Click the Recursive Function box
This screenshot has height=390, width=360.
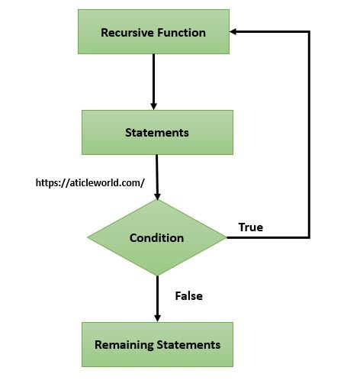tap(153, 32)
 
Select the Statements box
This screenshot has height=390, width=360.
tap(156, 132)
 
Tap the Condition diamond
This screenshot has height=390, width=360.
tap(156, 237)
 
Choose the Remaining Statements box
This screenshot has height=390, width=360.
tap(157, 344)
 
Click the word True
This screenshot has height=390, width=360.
tap(250, 227)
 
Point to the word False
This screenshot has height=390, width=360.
tap(188, 295)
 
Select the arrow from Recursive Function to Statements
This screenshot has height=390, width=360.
tap(153, 80)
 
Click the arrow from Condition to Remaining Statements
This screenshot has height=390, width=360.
tap(157, 298)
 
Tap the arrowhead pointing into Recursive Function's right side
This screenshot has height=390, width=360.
tap(235, 32)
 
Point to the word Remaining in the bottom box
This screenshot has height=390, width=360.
tap(124, 344)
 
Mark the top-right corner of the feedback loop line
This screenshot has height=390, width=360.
tap(309, 32)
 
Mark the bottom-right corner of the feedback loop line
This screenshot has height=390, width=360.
tap(309, 237)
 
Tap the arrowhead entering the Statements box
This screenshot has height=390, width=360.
tap(153, 105)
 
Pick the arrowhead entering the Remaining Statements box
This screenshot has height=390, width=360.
tap(157, 317)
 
